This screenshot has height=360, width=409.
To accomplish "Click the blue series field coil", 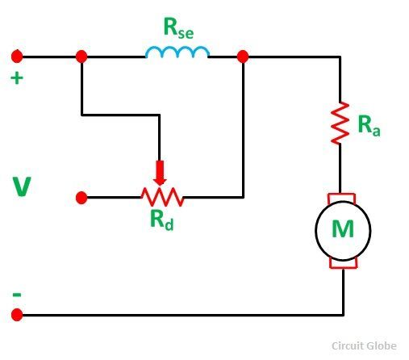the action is tap(177, 49).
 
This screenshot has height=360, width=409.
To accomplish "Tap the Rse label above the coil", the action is tap(178, 28).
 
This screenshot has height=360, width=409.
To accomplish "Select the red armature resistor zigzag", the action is tap(340, 123).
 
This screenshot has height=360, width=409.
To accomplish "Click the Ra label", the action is tap(369, 125).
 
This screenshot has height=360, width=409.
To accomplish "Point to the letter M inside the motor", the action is tap(343, 228).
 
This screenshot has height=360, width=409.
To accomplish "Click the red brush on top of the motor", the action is tap(341, 198).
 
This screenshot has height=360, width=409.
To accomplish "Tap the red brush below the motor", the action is tap(344, 264).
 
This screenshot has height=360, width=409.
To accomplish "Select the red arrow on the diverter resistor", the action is tap(160, 173).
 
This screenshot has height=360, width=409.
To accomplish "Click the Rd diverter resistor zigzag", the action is tap(162, 197).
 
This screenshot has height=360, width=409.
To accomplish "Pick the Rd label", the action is tap(162, 220).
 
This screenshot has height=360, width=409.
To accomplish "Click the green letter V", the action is tap(22, 186).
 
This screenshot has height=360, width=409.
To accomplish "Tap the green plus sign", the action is tap(17, 78).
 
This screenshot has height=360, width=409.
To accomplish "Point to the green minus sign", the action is tap(17, 295).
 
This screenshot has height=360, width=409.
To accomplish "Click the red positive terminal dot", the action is tap(17, 57).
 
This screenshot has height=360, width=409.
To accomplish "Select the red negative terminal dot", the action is tap(17, 315).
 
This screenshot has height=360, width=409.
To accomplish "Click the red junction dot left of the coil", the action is tap(81, 57).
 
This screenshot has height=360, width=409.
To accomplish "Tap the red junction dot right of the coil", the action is tap(243, 57).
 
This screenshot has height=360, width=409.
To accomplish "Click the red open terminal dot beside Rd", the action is tap(81, 198).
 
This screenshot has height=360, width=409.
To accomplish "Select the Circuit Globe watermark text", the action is tap(364, 345).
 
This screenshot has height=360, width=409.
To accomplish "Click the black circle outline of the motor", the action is tap(315, 230).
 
